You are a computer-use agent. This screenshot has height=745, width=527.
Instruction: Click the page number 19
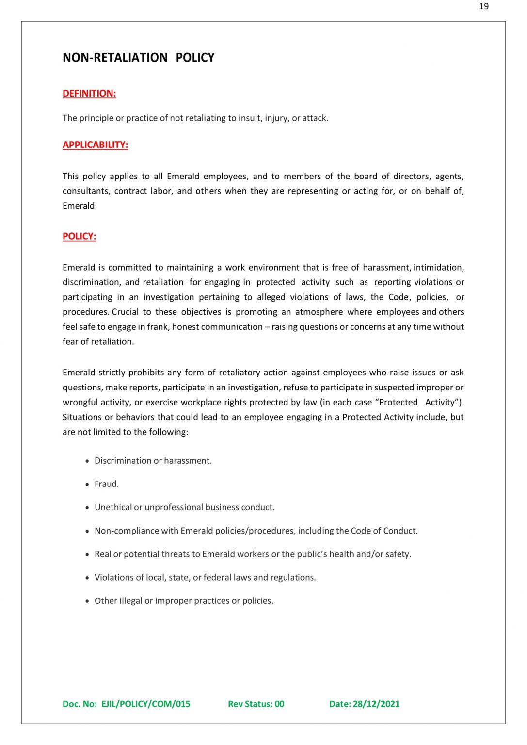(x=483, y=6)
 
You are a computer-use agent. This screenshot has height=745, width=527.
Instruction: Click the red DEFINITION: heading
(x=89, y=94)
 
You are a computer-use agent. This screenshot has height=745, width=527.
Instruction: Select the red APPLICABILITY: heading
(x=95, y=145)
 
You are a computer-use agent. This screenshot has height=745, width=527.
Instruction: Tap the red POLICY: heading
(x=79, y=236)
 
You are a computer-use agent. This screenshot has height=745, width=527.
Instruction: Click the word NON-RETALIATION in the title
(x=115, y=58)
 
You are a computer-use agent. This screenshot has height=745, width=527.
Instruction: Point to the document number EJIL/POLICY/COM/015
(x=145, y=704)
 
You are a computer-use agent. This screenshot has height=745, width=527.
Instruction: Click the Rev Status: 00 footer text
(x=256, y=704)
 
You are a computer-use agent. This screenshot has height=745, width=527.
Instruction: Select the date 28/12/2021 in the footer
(x=376, y=704)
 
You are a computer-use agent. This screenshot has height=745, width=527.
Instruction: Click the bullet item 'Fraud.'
(x=107, y=484)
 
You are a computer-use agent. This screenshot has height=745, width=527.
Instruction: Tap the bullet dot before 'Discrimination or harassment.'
(x=87, y=461)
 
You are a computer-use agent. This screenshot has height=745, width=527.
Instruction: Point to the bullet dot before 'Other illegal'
(x=87, y=601)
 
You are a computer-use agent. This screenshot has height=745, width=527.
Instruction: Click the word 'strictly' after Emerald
(x=115, y=372)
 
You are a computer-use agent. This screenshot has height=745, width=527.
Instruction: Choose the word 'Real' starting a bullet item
(x=102, y=554)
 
